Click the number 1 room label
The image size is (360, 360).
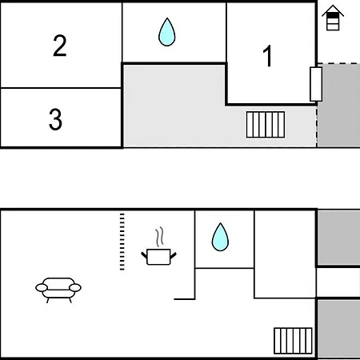(x=267, y=56)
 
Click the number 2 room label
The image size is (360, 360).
(x=60, y=46)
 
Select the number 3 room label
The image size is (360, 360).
(x=55, y=119)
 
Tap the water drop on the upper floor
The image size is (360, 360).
(x=167, y=32)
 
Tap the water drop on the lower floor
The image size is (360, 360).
(x=220, y=237)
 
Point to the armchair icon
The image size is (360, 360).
(x=58, y=290)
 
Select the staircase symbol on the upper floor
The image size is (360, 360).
(x=266, y=125)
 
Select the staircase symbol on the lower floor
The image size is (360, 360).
(x=293, y=341)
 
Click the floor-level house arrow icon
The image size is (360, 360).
(x=333, y=18)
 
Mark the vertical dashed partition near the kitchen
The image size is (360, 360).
(x=122, y=242)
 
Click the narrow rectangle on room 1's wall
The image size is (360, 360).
(x=316, y=84)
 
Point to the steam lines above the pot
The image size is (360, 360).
(x=160, y=237)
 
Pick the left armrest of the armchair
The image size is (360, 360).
(x=42, y=288)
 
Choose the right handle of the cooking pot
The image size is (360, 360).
(x=173, y=256)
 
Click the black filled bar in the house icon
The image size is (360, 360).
(x=333, y=16)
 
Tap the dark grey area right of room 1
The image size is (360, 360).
(x=338, y=105)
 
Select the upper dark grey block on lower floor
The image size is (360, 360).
(x=338, y=238)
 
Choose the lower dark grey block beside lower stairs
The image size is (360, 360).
(x=338, y=329)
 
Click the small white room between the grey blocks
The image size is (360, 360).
(x=338, y=282)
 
